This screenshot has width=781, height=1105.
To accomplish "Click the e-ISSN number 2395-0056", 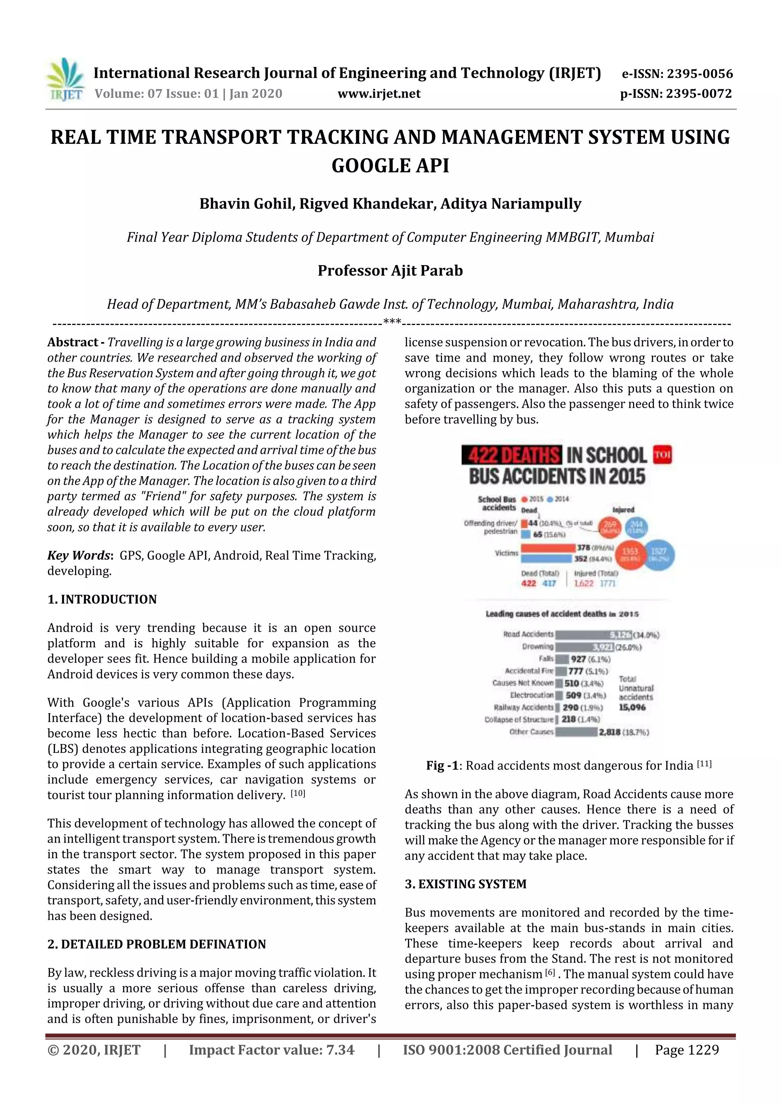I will point(700,74).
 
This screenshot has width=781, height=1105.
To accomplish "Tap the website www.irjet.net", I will point(379,94).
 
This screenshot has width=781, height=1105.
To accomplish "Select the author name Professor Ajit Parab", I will point(390,270).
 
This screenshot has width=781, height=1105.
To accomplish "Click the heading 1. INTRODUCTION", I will point(102,599).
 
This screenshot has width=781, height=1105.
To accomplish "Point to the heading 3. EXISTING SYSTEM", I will point(465,884).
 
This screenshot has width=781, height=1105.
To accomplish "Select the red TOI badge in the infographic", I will point(662,455).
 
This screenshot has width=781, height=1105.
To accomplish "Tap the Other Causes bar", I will point(576,732).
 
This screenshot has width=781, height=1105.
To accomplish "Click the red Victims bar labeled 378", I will point(548,548).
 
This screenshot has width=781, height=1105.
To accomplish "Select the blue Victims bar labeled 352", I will point(546,559).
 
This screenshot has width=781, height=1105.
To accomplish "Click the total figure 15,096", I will point(632,707).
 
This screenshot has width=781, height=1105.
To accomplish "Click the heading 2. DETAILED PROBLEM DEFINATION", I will point(156,944).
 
